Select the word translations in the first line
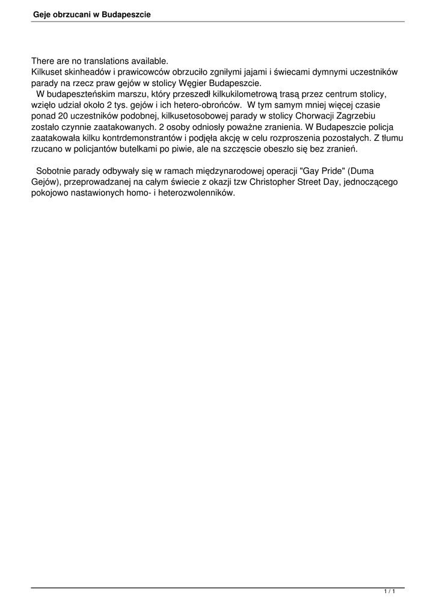point(103,61)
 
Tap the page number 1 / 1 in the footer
point(389,593)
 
